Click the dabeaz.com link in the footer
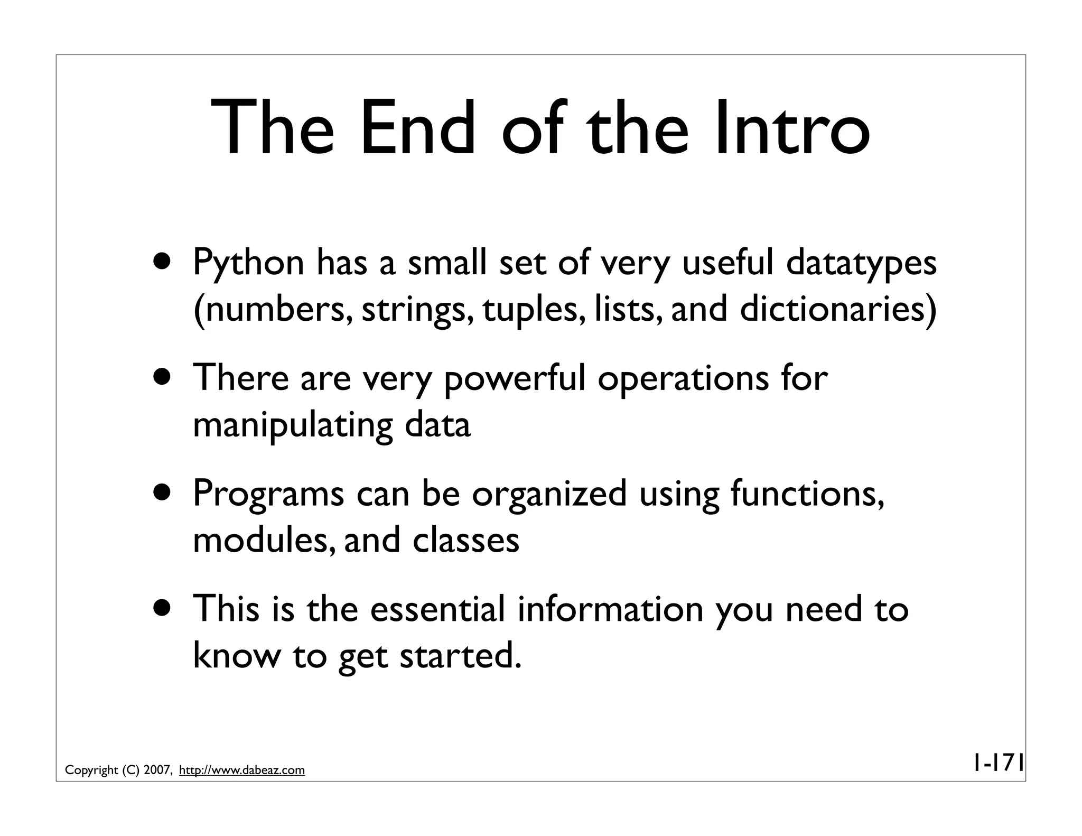[x=242, y=770]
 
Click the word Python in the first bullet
[x=248, y=263]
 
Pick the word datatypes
[x=861, y=263]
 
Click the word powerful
[x=514, y=378]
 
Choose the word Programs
[x=268, y=494]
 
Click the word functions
[x=807, y=494]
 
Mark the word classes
[x=466, y=540]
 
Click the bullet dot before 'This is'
[x=163, y=606]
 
